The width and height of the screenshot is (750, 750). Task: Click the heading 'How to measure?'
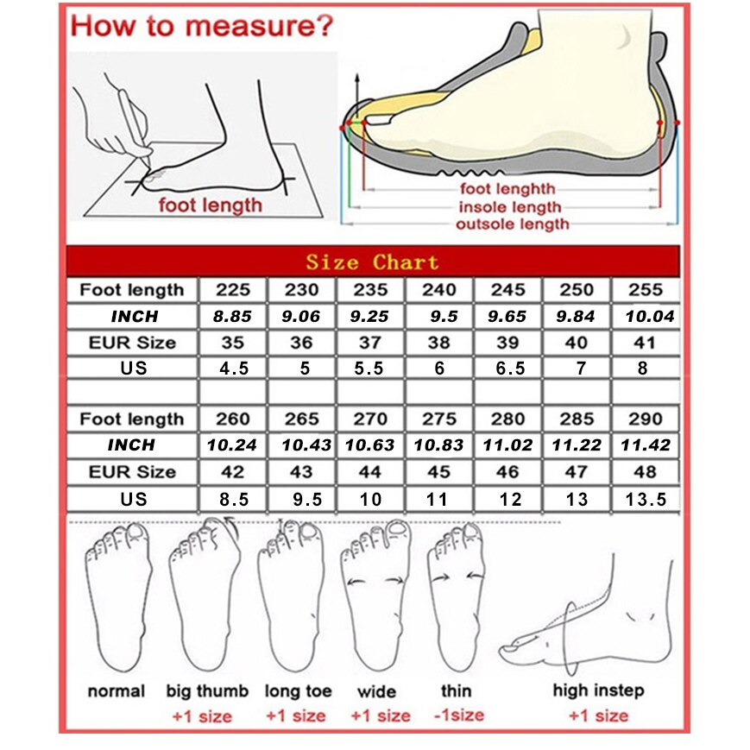tap(201, 25)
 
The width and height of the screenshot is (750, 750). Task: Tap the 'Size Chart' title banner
tap(372, 262)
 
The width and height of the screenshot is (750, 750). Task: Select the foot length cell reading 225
tap(232, 290)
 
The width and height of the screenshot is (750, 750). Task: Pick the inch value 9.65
tap(507, 317)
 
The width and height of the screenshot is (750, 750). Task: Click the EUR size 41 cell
tap(645, 343)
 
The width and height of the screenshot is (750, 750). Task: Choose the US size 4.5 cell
tap(232, 369)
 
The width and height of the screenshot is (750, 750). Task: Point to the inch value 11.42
tap(645, 446)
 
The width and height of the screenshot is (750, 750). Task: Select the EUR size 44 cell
tap(370, 472)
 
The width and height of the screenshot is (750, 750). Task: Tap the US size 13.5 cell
tap(645, 499)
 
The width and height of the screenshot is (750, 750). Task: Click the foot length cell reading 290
tap(645, 419)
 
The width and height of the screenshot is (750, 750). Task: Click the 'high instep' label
tap(598, 690)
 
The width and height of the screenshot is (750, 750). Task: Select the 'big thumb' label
tap(208, 691)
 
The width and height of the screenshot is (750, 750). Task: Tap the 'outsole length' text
tap(513, 224)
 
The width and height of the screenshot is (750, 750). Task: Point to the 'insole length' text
tap(509, 207)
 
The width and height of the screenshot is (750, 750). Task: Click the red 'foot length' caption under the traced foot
tap(209, 205)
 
